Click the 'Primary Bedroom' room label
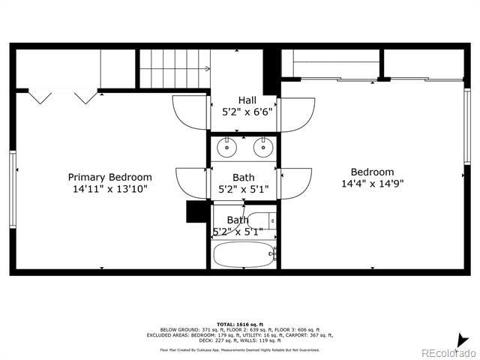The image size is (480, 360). coord(109,178)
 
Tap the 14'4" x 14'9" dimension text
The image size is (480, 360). coord(373,184)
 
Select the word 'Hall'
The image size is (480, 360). coord(247,100)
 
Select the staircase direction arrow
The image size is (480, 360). coord(208,68)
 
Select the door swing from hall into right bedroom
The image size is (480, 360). coord(297,113)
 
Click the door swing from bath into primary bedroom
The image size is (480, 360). coord(192,183)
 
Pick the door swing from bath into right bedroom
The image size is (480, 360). coord(295,182)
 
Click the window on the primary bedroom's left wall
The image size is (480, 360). coord(12,188)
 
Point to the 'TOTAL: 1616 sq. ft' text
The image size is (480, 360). coord(239,323)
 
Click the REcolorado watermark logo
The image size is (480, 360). coord(447,352)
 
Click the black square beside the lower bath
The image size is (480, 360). coord(196,211)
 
